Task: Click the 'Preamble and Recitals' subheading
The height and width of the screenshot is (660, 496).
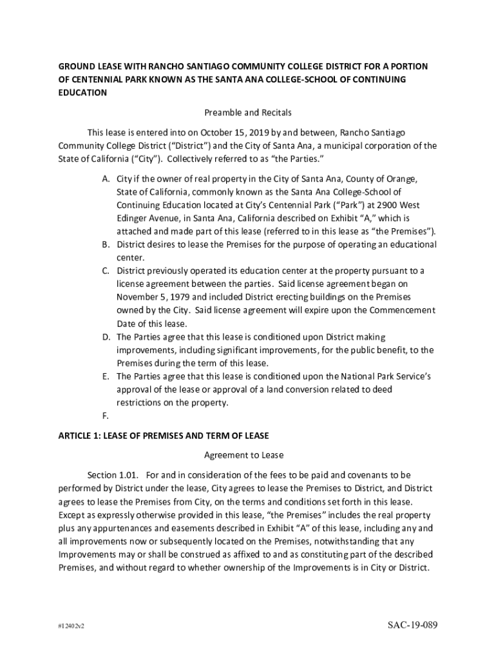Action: point(248,112)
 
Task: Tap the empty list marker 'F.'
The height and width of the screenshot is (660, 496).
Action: point(106,416)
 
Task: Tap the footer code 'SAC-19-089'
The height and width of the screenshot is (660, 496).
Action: point(413,626)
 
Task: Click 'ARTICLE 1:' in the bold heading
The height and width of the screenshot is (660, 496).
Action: point(81,435)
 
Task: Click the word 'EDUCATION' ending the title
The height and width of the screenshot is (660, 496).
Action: point(82,92)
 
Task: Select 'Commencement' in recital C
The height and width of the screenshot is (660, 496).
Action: point(405,310)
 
